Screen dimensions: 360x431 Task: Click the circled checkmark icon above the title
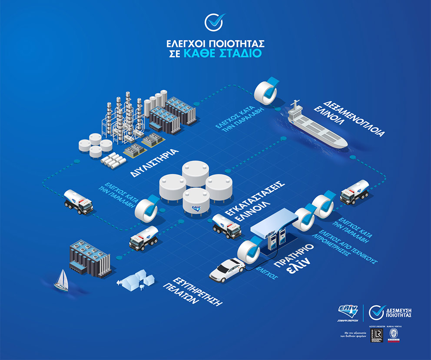tap(215, 22)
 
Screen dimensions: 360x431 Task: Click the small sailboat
tap(61, 280)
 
